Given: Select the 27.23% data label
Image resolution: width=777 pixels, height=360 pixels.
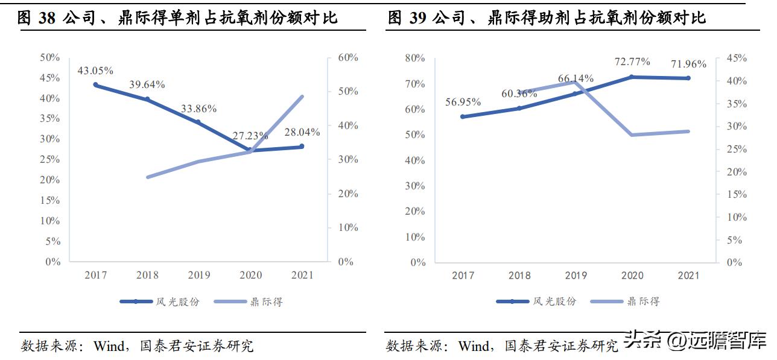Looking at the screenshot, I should point(250,136).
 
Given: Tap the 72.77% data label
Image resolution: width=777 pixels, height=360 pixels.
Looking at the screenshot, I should point(632,62).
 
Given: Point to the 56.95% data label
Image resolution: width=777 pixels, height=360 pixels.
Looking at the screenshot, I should point(463,103).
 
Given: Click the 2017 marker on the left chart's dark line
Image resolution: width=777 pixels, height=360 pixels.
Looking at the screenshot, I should point(96,85).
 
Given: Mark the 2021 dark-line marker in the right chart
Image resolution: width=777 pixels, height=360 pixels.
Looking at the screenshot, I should point(688,78).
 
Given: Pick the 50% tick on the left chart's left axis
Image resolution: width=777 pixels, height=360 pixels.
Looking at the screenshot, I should point(49,58).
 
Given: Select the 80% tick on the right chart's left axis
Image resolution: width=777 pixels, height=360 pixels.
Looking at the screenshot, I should point(414,58).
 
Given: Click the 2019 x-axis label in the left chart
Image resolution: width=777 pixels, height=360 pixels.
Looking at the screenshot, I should point(199,276).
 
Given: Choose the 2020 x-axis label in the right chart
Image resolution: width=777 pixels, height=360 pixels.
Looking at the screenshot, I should point(632,276).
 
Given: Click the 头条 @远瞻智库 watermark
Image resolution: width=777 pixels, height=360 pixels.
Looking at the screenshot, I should point(694,340).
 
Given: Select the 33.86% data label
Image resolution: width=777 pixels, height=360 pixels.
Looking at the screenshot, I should point(198,109).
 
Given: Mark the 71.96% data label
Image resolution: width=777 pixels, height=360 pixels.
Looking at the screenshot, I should point(689,64).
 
